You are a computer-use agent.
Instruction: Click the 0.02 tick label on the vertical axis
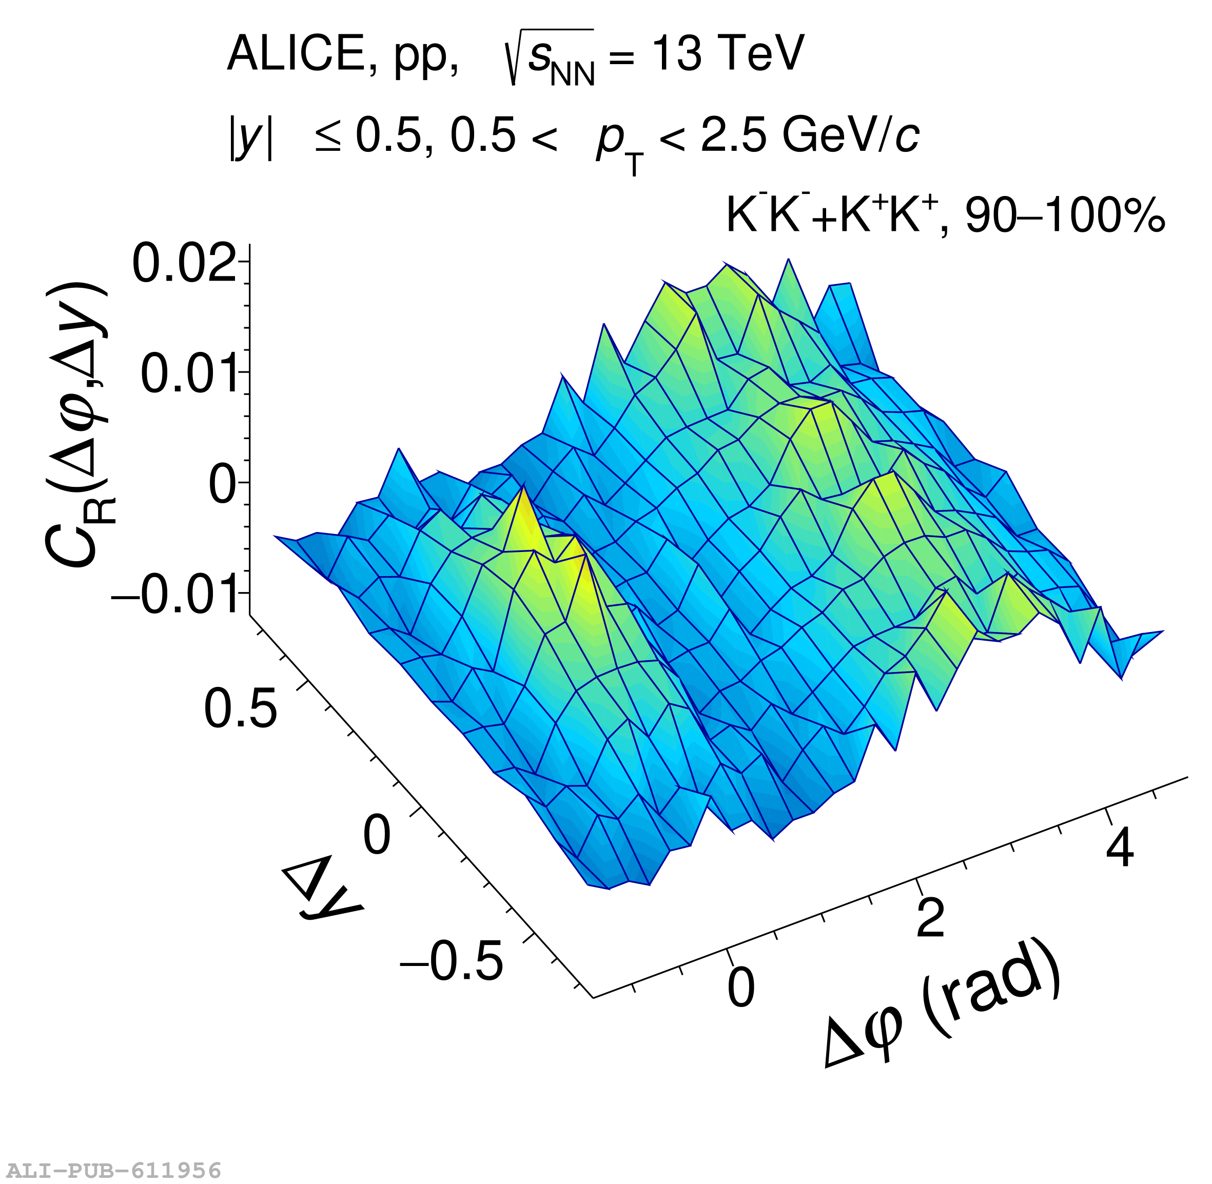click(184, 264)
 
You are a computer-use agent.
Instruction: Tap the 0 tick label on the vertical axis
click(223, 484)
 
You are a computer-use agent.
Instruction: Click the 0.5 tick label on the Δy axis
click(240, 708)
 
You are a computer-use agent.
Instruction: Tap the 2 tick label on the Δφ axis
click(931, 917)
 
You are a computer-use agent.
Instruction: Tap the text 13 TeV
click(728, 53)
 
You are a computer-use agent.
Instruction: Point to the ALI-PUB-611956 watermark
click(111, 1170)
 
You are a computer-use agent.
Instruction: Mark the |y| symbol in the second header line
click(250, 138)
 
